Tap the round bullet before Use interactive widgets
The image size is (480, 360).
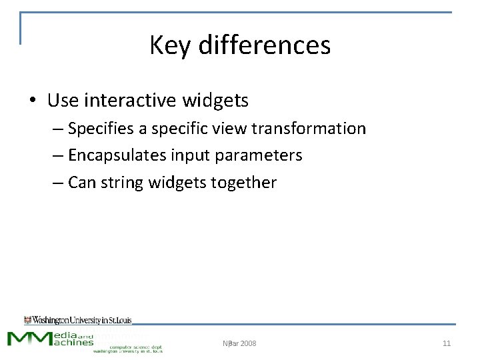(x=33, y=101)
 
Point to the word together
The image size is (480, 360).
(x=246, y=183)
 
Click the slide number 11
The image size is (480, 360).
(x=447, y=343)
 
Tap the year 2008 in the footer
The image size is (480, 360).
(x=247, y=343)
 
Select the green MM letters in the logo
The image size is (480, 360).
(x=29, y=338)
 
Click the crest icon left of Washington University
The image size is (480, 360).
(x=27, y=320)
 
